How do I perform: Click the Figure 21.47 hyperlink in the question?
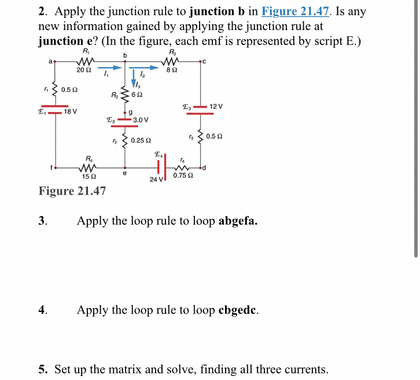[x=297, y=12]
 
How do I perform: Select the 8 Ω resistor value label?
[x=171, y=70]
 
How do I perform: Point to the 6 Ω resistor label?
[x=137, y=95]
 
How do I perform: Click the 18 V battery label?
[x=71, y=111]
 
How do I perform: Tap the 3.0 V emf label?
[x=141, y=120]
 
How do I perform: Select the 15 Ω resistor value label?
[x=89, y=176]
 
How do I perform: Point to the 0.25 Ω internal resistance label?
[x=141, y=140]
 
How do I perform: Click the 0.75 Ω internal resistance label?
[x=183, y=176]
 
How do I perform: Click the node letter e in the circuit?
[x=125, y=173]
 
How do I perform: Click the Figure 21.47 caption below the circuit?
[x=72, y=191]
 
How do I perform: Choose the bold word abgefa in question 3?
[x=238, y=221]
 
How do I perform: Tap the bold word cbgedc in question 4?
[x=238, y=310]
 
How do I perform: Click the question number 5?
[x=42, y=369]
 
